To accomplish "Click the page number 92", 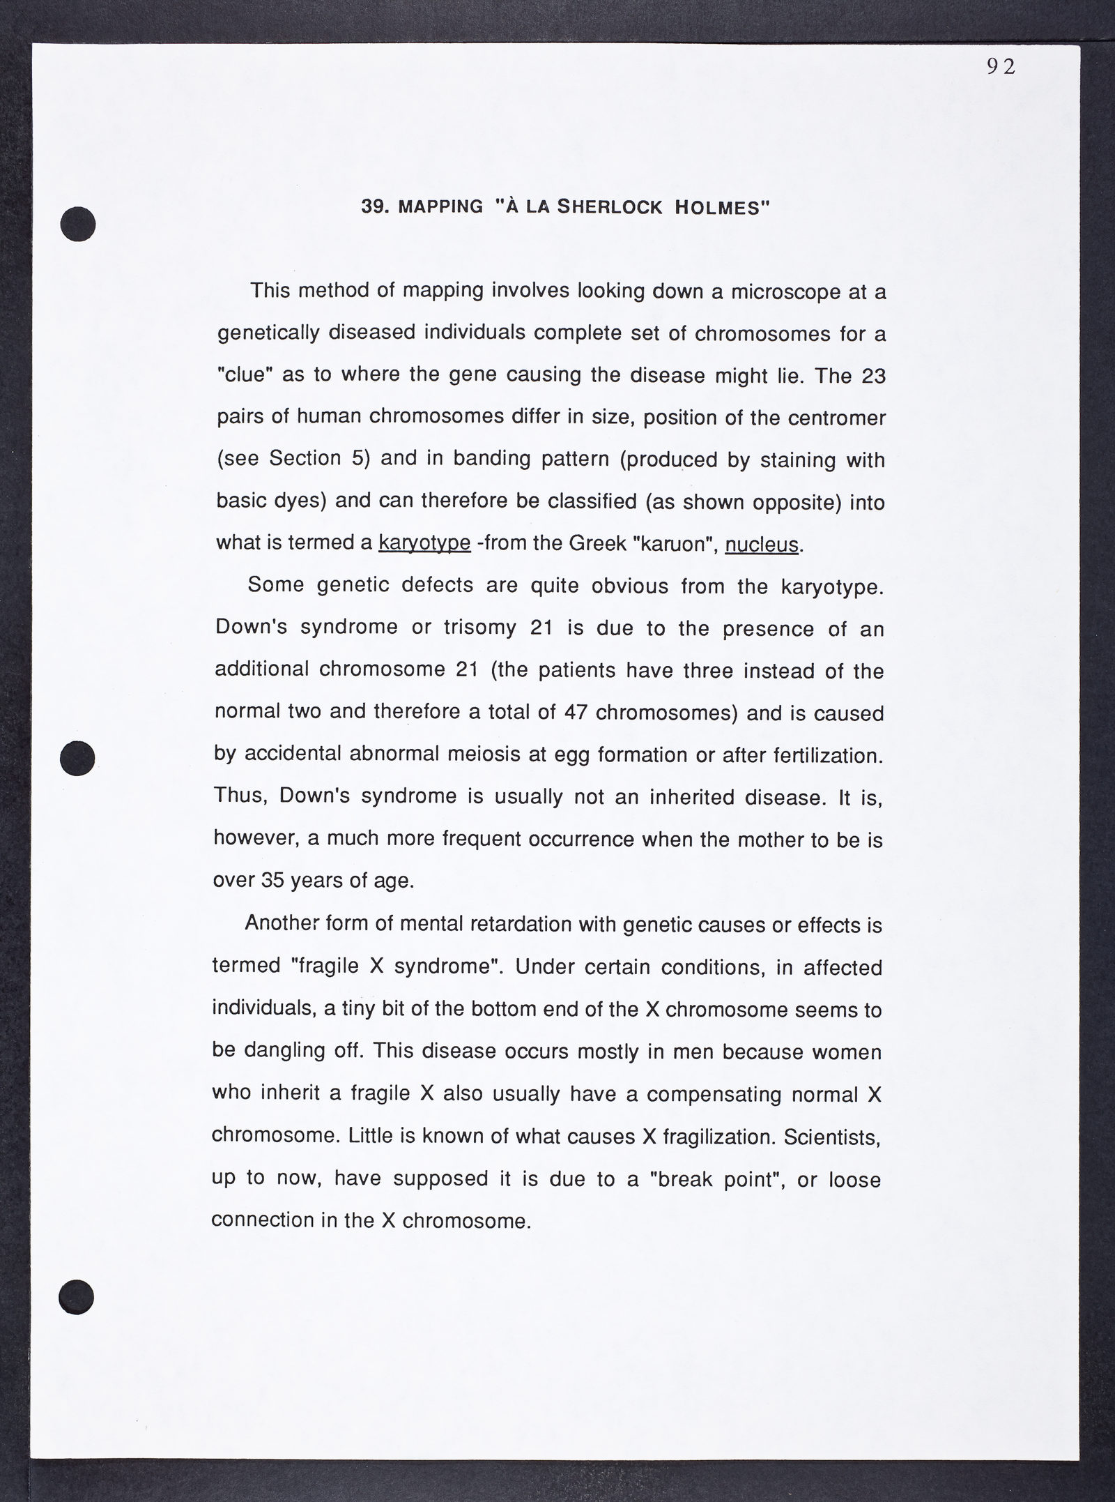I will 1001,66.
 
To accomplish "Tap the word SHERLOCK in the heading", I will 611,207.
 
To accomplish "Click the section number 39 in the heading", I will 375,207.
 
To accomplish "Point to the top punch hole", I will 77,224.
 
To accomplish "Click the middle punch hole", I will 77,757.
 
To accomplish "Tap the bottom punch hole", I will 76,1296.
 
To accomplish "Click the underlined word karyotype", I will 424,543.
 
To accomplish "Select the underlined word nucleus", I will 761,544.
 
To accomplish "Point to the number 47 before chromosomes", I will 576,713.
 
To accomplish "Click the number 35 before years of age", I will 272,881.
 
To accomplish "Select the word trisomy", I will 479,628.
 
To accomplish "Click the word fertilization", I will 827,755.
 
